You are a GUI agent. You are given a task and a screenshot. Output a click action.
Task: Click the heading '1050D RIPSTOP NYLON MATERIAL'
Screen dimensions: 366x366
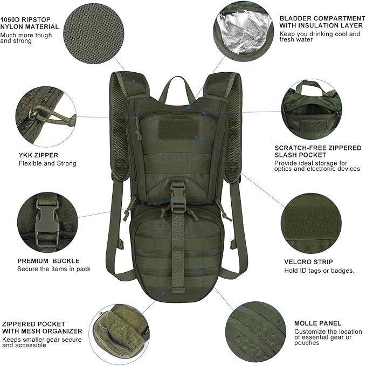[x=30, y=22]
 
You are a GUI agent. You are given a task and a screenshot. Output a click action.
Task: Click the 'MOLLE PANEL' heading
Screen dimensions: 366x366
[x=317, y=323]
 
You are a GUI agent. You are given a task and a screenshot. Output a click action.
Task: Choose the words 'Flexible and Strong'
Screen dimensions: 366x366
[x=47, y=163]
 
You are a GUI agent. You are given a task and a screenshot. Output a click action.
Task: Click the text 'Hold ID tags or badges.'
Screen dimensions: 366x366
[x=319, y=271]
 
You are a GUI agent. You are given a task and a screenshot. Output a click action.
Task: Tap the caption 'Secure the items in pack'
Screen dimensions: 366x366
[x=54, y=268]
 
